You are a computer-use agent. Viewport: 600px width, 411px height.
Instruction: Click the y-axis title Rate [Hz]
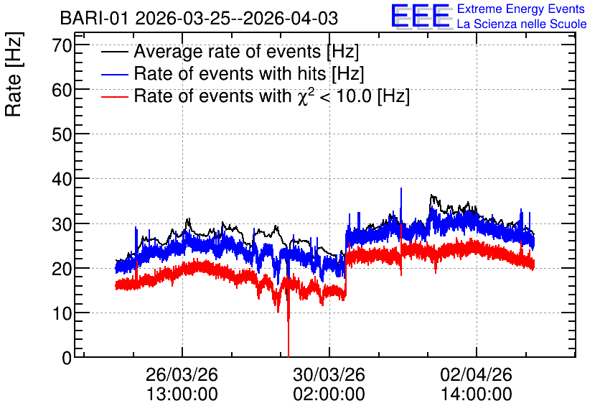(x=14, y=74)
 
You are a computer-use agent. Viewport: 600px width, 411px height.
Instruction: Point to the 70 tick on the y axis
(x=62, y=45)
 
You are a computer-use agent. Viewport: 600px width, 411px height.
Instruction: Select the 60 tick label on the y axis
(x=62, y=90)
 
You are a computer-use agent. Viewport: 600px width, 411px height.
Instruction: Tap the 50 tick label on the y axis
(x=62, y=135)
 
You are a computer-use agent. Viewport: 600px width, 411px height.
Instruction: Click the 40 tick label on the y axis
(x=62, y=179)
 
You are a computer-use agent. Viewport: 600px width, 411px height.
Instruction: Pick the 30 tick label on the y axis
(x=62, y=224)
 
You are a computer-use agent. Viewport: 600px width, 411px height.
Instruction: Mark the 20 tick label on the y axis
(x=62, y=269)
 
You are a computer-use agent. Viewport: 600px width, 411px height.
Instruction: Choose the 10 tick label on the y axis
(x=62, y=314)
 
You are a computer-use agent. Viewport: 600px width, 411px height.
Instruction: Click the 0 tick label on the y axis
(x=67, y=358)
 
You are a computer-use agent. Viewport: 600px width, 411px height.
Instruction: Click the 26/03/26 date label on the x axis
(x=182, y=374)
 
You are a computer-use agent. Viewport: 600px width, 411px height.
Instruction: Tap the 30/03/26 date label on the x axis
(x=329, y=374)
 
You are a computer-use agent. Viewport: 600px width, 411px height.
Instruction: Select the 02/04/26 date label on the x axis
(x=477, y=374)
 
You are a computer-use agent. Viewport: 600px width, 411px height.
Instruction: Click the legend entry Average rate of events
(x=230, y=51)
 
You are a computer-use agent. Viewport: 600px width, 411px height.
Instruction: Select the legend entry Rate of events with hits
(x=233, y=73)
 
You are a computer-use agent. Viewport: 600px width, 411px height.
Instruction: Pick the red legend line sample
(x=114, y=96)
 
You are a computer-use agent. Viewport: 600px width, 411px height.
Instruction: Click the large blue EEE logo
(x=421, y=17)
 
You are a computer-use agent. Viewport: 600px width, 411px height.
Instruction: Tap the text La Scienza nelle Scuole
(x=522, y=24)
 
